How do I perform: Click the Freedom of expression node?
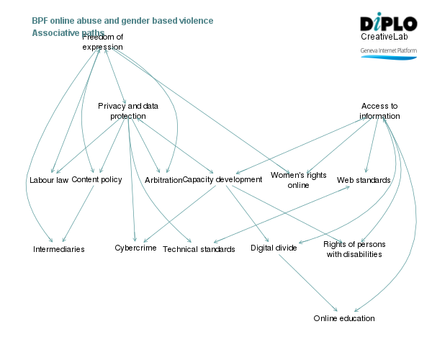click(102, 42)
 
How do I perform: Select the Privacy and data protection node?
click(128, 111)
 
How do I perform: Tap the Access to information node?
click(379, 111)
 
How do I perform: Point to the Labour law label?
click(49, 180)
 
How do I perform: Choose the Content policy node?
click(96, 179)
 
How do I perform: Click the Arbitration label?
click(163, 180)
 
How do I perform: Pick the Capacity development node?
click(222, 179)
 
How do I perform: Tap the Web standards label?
click(364, 180)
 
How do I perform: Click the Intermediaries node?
click(59, 249)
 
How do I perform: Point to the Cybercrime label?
click(135, 248)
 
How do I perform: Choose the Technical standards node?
click(199, 249)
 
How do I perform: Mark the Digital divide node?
click(274, 248)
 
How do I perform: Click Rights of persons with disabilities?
click(353, 248)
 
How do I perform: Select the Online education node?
click(344, 318)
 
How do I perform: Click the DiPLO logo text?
click(388, 22)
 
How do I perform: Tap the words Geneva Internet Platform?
click(389, 51)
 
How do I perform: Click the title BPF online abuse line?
click(122, 21)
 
